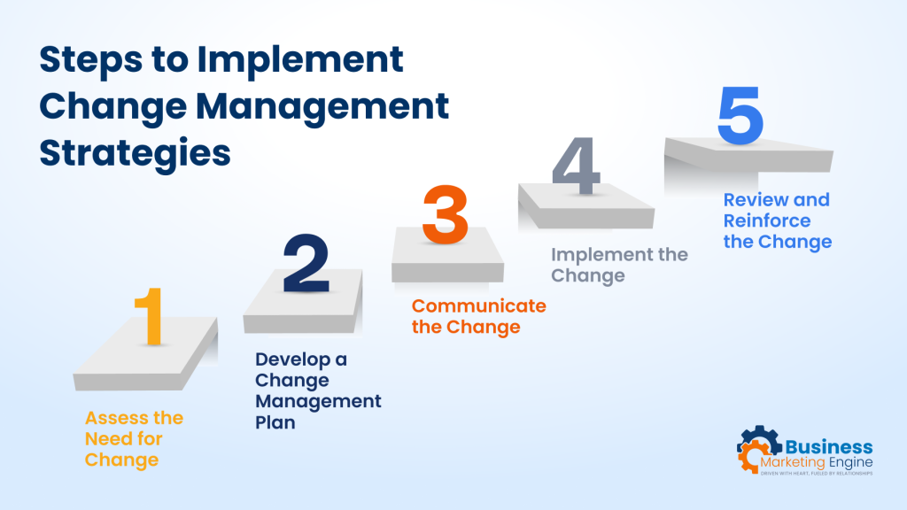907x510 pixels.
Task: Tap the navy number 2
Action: coord(306,263)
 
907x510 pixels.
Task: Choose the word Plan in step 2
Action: coord(275,423)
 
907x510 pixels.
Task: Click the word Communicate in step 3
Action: coord(478,306)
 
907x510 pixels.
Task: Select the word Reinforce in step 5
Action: coord(767,220)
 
